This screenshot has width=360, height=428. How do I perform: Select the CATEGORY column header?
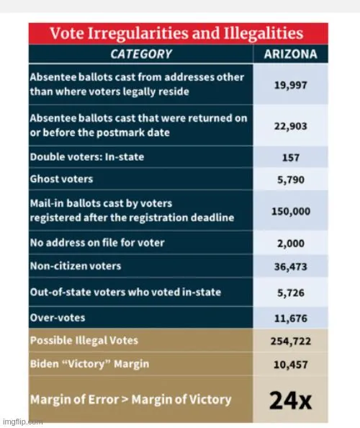(x=141, y=54)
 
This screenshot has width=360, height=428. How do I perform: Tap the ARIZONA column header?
(x=291, y=54)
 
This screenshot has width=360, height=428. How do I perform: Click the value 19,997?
(x=291, y=84)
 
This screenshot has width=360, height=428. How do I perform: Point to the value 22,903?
(x=291, y=125)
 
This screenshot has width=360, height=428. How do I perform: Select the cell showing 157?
(x=291, y=157)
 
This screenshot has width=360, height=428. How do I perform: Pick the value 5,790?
(x=291, y=179)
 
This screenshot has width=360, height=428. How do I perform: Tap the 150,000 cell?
(x=291, y=210)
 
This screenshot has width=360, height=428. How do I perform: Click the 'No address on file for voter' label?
(x=96, y=243)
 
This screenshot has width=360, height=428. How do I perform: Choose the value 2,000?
(x=291, y=243)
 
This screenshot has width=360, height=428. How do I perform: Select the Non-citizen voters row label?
(x=76, y=266)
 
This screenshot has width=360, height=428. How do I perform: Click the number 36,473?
(x=291, y=266)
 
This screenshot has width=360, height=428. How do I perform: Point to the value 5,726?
(x=291, y=292)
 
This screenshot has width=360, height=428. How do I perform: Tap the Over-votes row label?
(x=57, y=316)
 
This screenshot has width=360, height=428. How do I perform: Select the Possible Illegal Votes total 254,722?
(x=291, y=340)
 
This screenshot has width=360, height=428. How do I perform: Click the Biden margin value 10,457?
(x=291, y=364)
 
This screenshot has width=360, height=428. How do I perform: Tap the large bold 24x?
(x=290, y=399)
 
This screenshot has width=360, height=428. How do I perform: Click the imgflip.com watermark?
(x=22, y=422)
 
